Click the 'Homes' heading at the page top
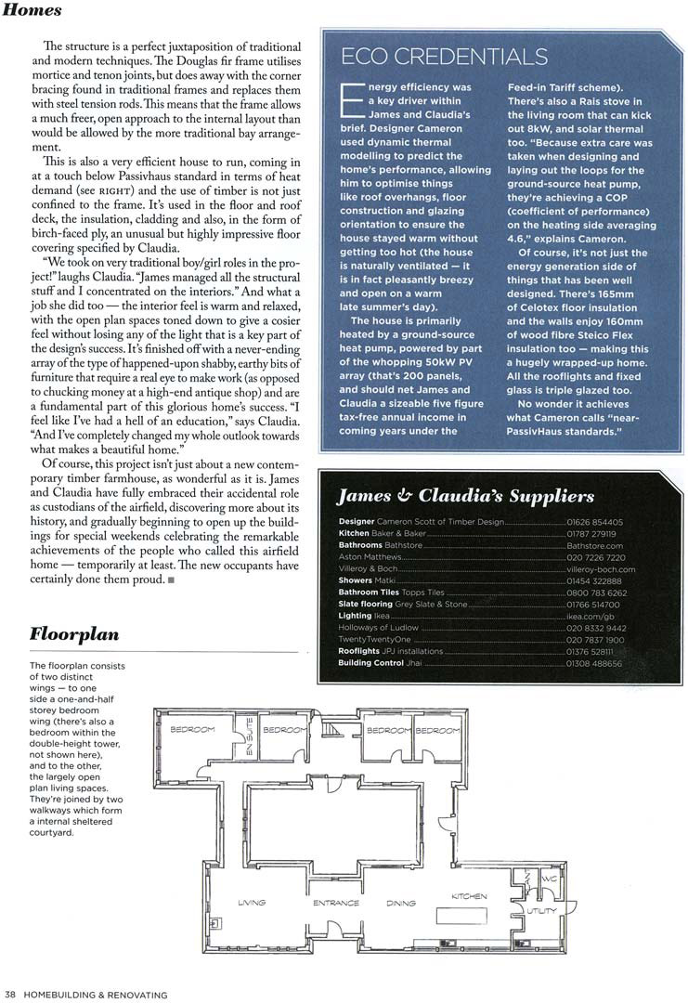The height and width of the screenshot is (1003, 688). pos(32,11)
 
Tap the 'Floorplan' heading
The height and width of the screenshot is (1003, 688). pos(74,636)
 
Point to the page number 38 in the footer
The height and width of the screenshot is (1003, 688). pos(9,995)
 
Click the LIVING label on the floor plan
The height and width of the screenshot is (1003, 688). pos(252,903)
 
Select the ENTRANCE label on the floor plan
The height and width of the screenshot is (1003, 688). pos(335,903)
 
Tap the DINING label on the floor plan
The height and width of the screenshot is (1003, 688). pos(401,903)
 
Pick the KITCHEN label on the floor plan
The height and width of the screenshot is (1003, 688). pos(469,896)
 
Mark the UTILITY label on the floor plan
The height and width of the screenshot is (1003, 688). pos(542,911)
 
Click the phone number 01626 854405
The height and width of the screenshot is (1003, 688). pos(594,523)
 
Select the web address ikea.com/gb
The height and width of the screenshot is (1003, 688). pos(590,616)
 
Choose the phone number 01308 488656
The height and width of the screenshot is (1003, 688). pos(594,663)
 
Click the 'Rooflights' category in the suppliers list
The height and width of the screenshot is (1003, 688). pos(358,651)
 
